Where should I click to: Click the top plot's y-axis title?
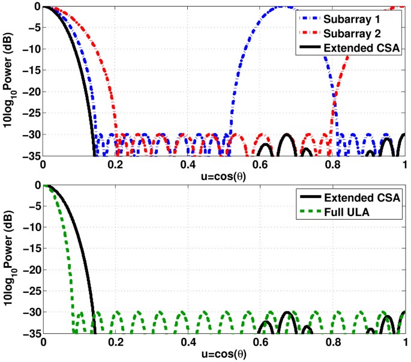(x=10, y=79)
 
